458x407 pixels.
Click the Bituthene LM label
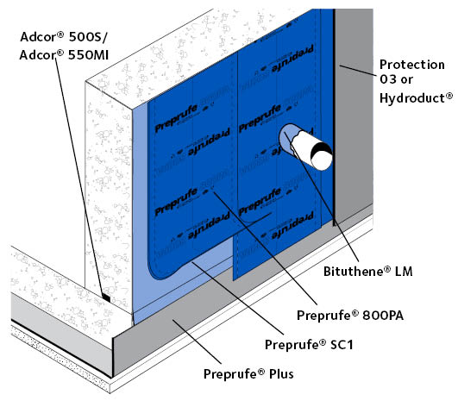368,272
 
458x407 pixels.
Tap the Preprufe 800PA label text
350,316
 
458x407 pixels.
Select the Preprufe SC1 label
309,345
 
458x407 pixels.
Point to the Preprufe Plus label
248,374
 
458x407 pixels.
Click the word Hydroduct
416,98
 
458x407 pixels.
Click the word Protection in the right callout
411,65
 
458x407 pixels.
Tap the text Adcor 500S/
64,37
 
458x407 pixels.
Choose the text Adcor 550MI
64,55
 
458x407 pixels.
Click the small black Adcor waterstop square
106,298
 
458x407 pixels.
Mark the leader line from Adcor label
79,175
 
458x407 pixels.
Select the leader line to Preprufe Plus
197,341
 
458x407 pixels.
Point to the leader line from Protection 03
359,71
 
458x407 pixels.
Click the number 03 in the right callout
388,79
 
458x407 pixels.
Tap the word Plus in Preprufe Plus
281,374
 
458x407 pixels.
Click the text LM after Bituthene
404,272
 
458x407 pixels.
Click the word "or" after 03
406,79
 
